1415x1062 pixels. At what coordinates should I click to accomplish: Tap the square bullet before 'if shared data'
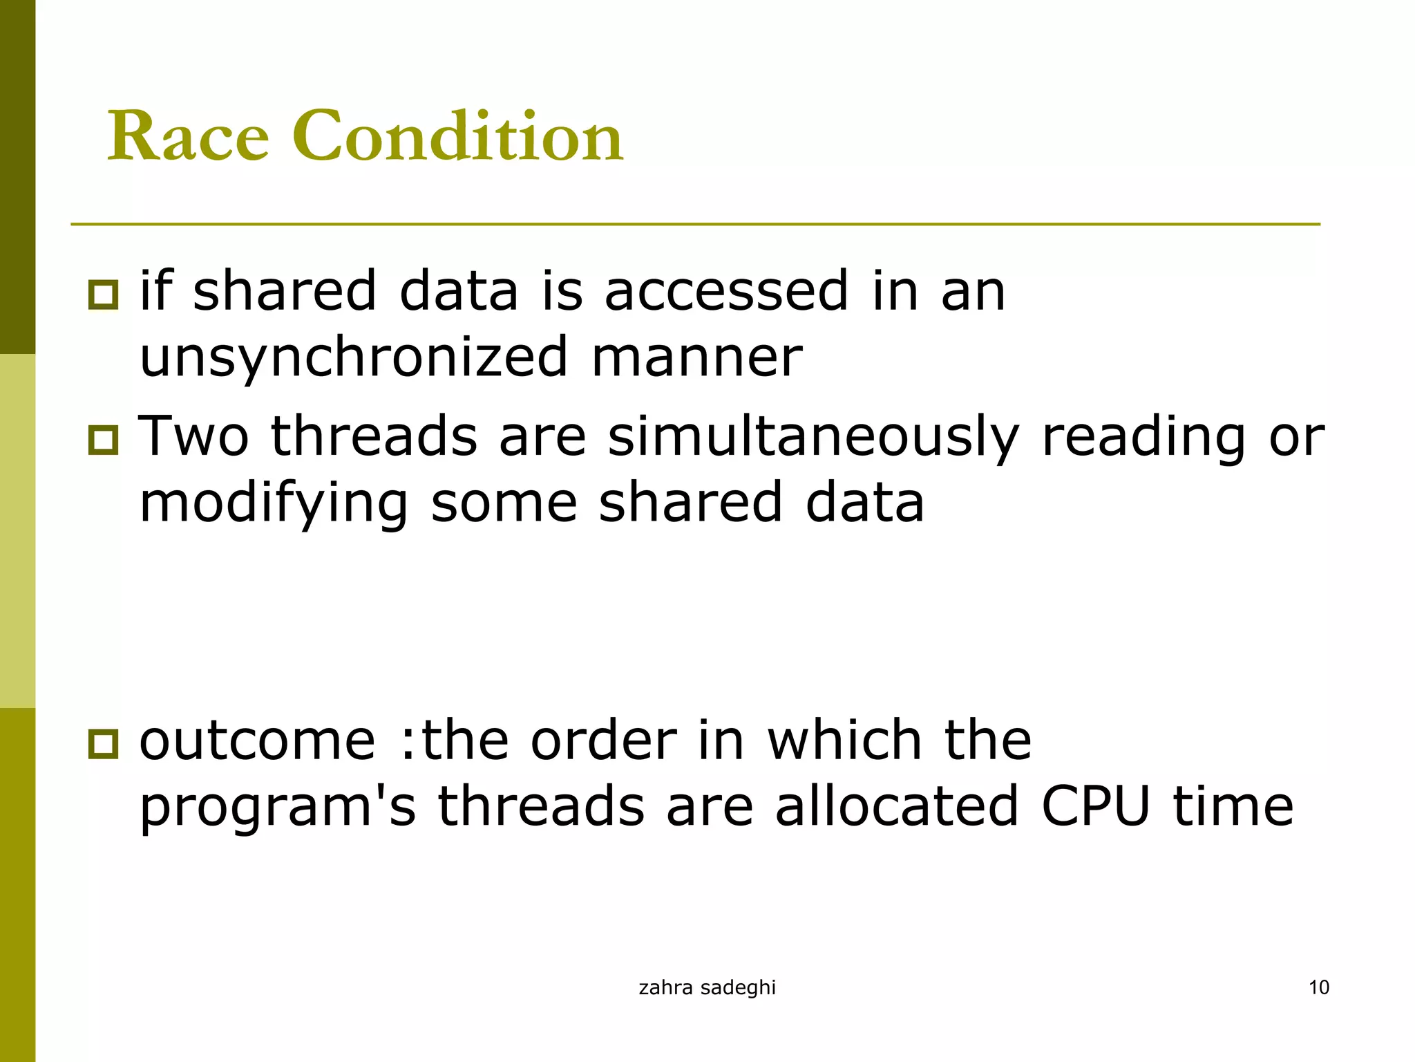[x=104, y=295]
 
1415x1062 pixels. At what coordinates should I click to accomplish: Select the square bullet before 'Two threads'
[x=104, y=440]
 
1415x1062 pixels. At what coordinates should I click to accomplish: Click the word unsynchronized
[x=354, y=358]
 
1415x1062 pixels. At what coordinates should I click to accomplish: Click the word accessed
[x=726, y=292]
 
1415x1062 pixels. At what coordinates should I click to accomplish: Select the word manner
[x=697, y=358]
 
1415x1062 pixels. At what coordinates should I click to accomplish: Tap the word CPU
[x=1096, y=806]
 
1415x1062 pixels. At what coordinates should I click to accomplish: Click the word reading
[x=1143, y=438]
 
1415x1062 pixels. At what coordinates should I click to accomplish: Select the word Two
[x=193, y=438]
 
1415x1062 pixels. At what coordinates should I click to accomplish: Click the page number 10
[x=1319, y=987]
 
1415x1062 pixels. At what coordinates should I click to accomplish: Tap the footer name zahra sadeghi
[x=707, y=988]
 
